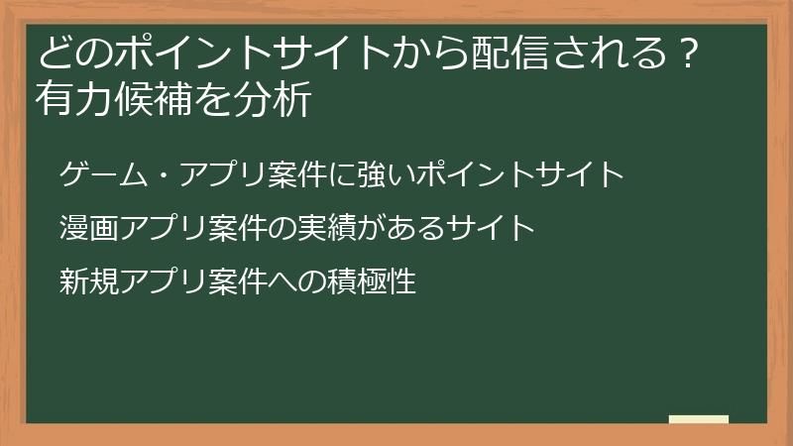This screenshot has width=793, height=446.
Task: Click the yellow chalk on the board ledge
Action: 698,419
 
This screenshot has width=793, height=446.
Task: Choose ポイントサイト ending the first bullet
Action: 519,174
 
